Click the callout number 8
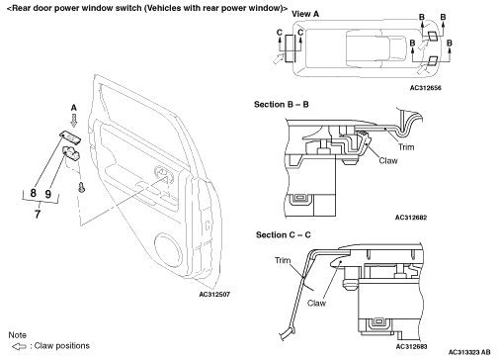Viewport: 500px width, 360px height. tap(33, 193)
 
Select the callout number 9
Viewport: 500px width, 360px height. tap(48, 194)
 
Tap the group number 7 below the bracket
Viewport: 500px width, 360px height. tap(38, 214)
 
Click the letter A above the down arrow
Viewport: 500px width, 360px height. tap(74, 108)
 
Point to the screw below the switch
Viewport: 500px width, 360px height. tap(81, 187)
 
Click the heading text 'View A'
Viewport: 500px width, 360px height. tap(305, 14)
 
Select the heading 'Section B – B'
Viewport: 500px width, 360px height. tap(282, 105)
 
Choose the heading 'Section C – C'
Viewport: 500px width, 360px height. tap(284, 235)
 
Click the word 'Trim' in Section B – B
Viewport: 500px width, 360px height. tap(406, 146)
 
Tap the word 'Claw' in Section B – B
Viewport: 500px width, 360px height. tap(388, 160)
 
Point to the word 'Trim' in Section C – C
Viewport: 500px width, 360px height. tap(283, 260)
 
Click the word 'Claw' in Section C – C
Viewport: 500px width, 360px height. tap(316, 303)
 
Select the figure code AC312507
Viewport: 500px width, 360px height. tap(214, 294)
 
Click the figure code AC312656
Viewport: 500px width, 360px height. tap(426, 88)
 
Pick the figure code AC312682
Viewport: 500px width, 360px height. tap(411, 218)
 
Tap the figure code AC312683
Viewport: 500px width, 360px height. tap(411, 346)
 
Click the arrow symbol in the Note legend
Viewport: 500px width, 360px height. tap(19, 346)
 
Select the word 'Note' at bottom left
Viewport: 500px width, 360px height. tap(17, 335)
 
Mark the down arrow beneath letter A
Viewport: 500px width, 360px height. tap(74, 121)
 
